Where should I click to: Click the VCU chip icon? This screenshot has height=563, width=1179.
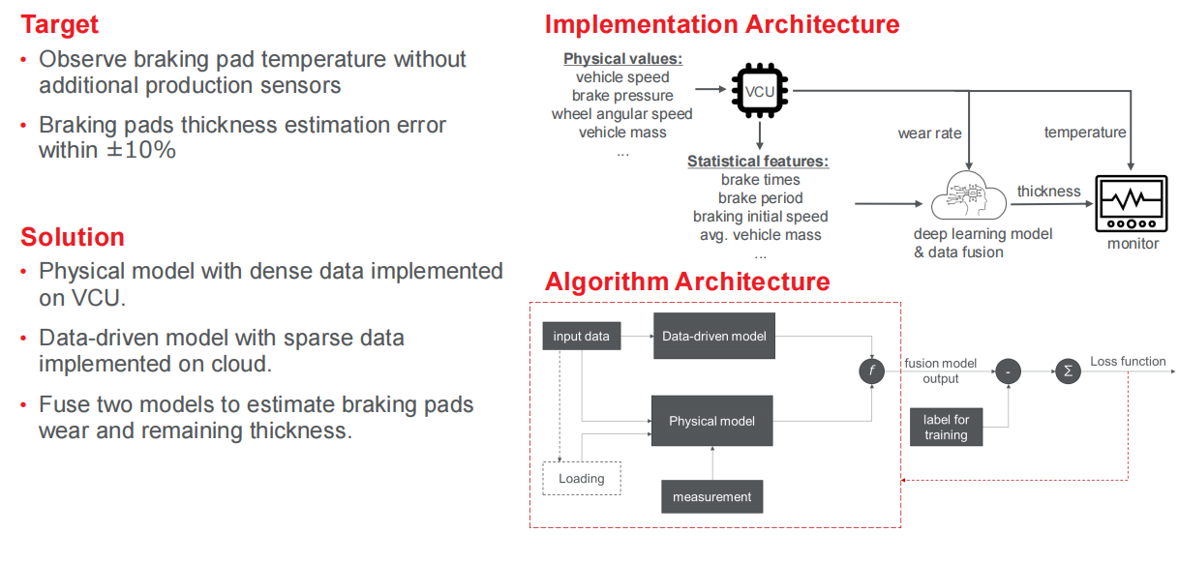tap(759, 90)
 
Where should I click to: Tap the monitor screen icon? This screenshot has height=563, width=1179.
tap(1132, 204)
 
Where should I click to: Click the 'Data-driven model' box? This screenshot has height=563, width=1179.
tap(714, 336)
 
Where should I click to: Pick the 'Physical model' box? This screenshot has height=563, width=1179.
tap(711, 421)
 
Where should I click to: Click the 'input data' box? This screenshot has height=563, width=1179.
tap(581, 336)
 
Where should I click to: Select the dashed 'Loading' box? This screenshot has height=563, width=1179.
tap(581, 478)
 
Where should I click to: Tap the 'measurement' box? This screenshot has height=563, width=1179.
tap(711, 496)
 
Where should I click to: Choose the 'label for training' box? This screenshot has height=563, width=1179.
tap(946, 427)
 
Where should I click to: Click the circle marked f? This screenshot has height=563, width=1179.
tap(872, 370)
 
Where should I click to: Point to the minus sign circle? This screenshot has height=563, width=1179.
tap(1008, 370)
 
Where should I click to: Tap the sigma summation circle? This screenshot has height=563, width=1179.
tap(1067, 370)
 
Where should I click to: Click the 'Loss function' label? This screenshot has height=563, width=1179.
tap(1128, 362)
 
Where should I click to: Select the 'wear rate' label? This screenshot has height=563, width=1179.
tap(929, 133)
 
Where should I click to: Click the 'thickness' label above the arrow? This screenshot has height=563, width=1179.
tap(1048, 191)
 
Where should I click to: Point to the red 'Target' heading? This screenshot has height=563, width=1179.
tap(60, 23)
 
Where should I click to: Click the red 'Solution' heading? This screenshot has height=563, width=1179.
tap(73, 237)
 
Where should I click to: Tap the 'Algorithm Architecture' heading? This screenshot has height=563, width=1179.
tap(687, 281)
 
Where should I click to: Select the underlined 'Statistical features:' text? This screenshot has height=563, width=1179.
tap(758, 162)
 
